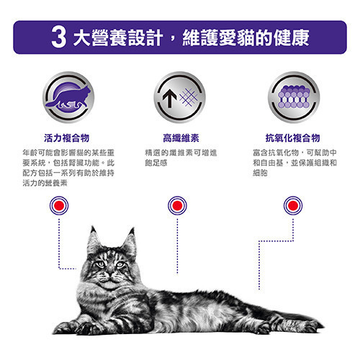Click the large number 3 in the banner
tap(59, 37)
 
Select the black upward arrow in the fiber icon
tap(170, 98)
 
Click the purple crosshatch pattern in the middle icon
tap(189, 97)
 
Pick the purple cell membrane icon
tap(294, 96)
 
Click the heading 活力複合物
tap(67, 138)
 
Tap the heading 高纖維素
tap(181, 138)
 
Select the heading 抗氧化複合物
tap(293, 138)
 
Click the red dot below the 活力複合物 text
tap(59, 206)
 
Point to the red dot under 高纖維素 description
tap(177, 206)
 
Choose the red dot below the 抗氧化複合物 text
tap(293, 206)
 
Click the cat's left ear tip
tap(92, 227)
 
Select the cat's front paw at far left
tap(63, 328)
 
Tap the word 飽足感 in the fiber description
tap(156, 163)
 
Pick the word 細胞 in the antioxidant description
tap(260, 173)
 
